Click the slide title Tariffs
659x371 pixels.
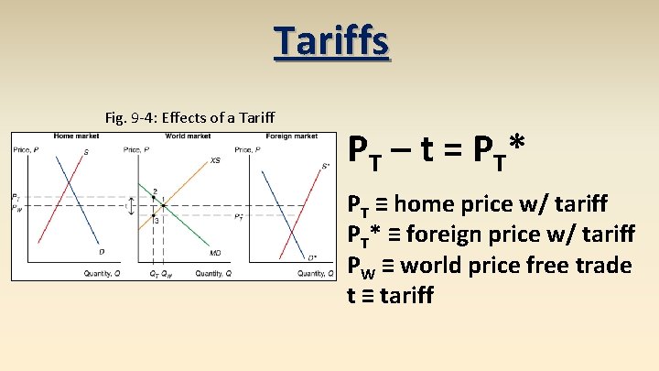(x=330, y=41)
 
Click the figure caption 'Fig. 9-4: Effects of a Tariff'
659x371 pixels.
(x=191, y=117)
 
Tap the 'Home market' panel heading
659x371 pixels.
(x=76, y=136)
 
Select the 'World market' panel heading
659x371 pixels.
(x=188, y=136)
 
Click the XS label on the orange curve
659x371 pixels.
(x=215, y=160)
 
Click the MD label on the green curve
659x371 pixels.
(x=215, y=252)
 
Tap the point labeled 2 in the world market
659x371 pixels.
(x=155, y=192)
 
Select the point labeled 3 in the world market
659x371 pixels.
(x=156, y=220)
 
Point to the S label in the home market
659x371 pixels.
(x=86, y=152)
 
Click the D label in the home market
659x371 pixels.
(x=102, y=252)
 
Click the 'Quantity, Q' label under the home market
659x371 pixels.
(x=102, y=273)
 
